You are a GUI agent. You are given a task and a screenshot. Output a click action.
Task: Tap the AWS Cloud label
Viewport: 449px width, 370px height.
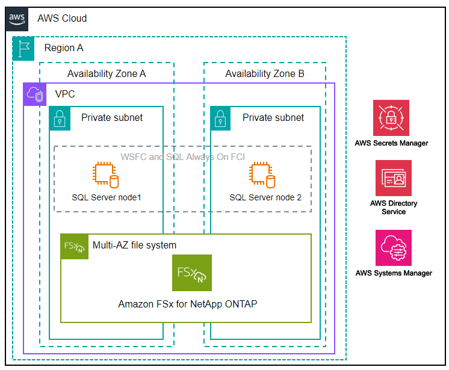click(x=62, y=19)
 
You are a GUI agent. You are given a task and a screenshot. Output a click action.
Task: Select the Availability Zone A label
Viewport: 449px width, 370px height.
click(x=107, y=74)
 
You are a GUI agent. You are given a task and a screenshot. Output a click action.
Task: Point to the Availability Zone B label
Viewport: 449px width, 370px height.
click(x=265, y=74)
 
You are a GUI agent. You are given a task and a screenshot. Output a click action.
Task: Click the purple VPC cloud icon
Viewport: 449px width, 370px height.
click(x=35, y=94)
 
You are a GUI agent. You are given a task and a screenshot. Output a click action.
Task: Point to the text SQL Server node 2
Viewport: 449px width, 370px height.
click(x=265, y=197)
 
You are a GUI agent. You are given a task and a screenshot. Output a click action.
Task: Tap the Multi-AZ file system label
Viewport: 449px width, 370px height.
click(x=134, y=245)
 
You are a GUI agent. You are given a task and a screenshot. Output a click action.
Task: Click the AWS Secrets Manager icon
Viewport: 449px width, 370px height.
click(x=391, y=118)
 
